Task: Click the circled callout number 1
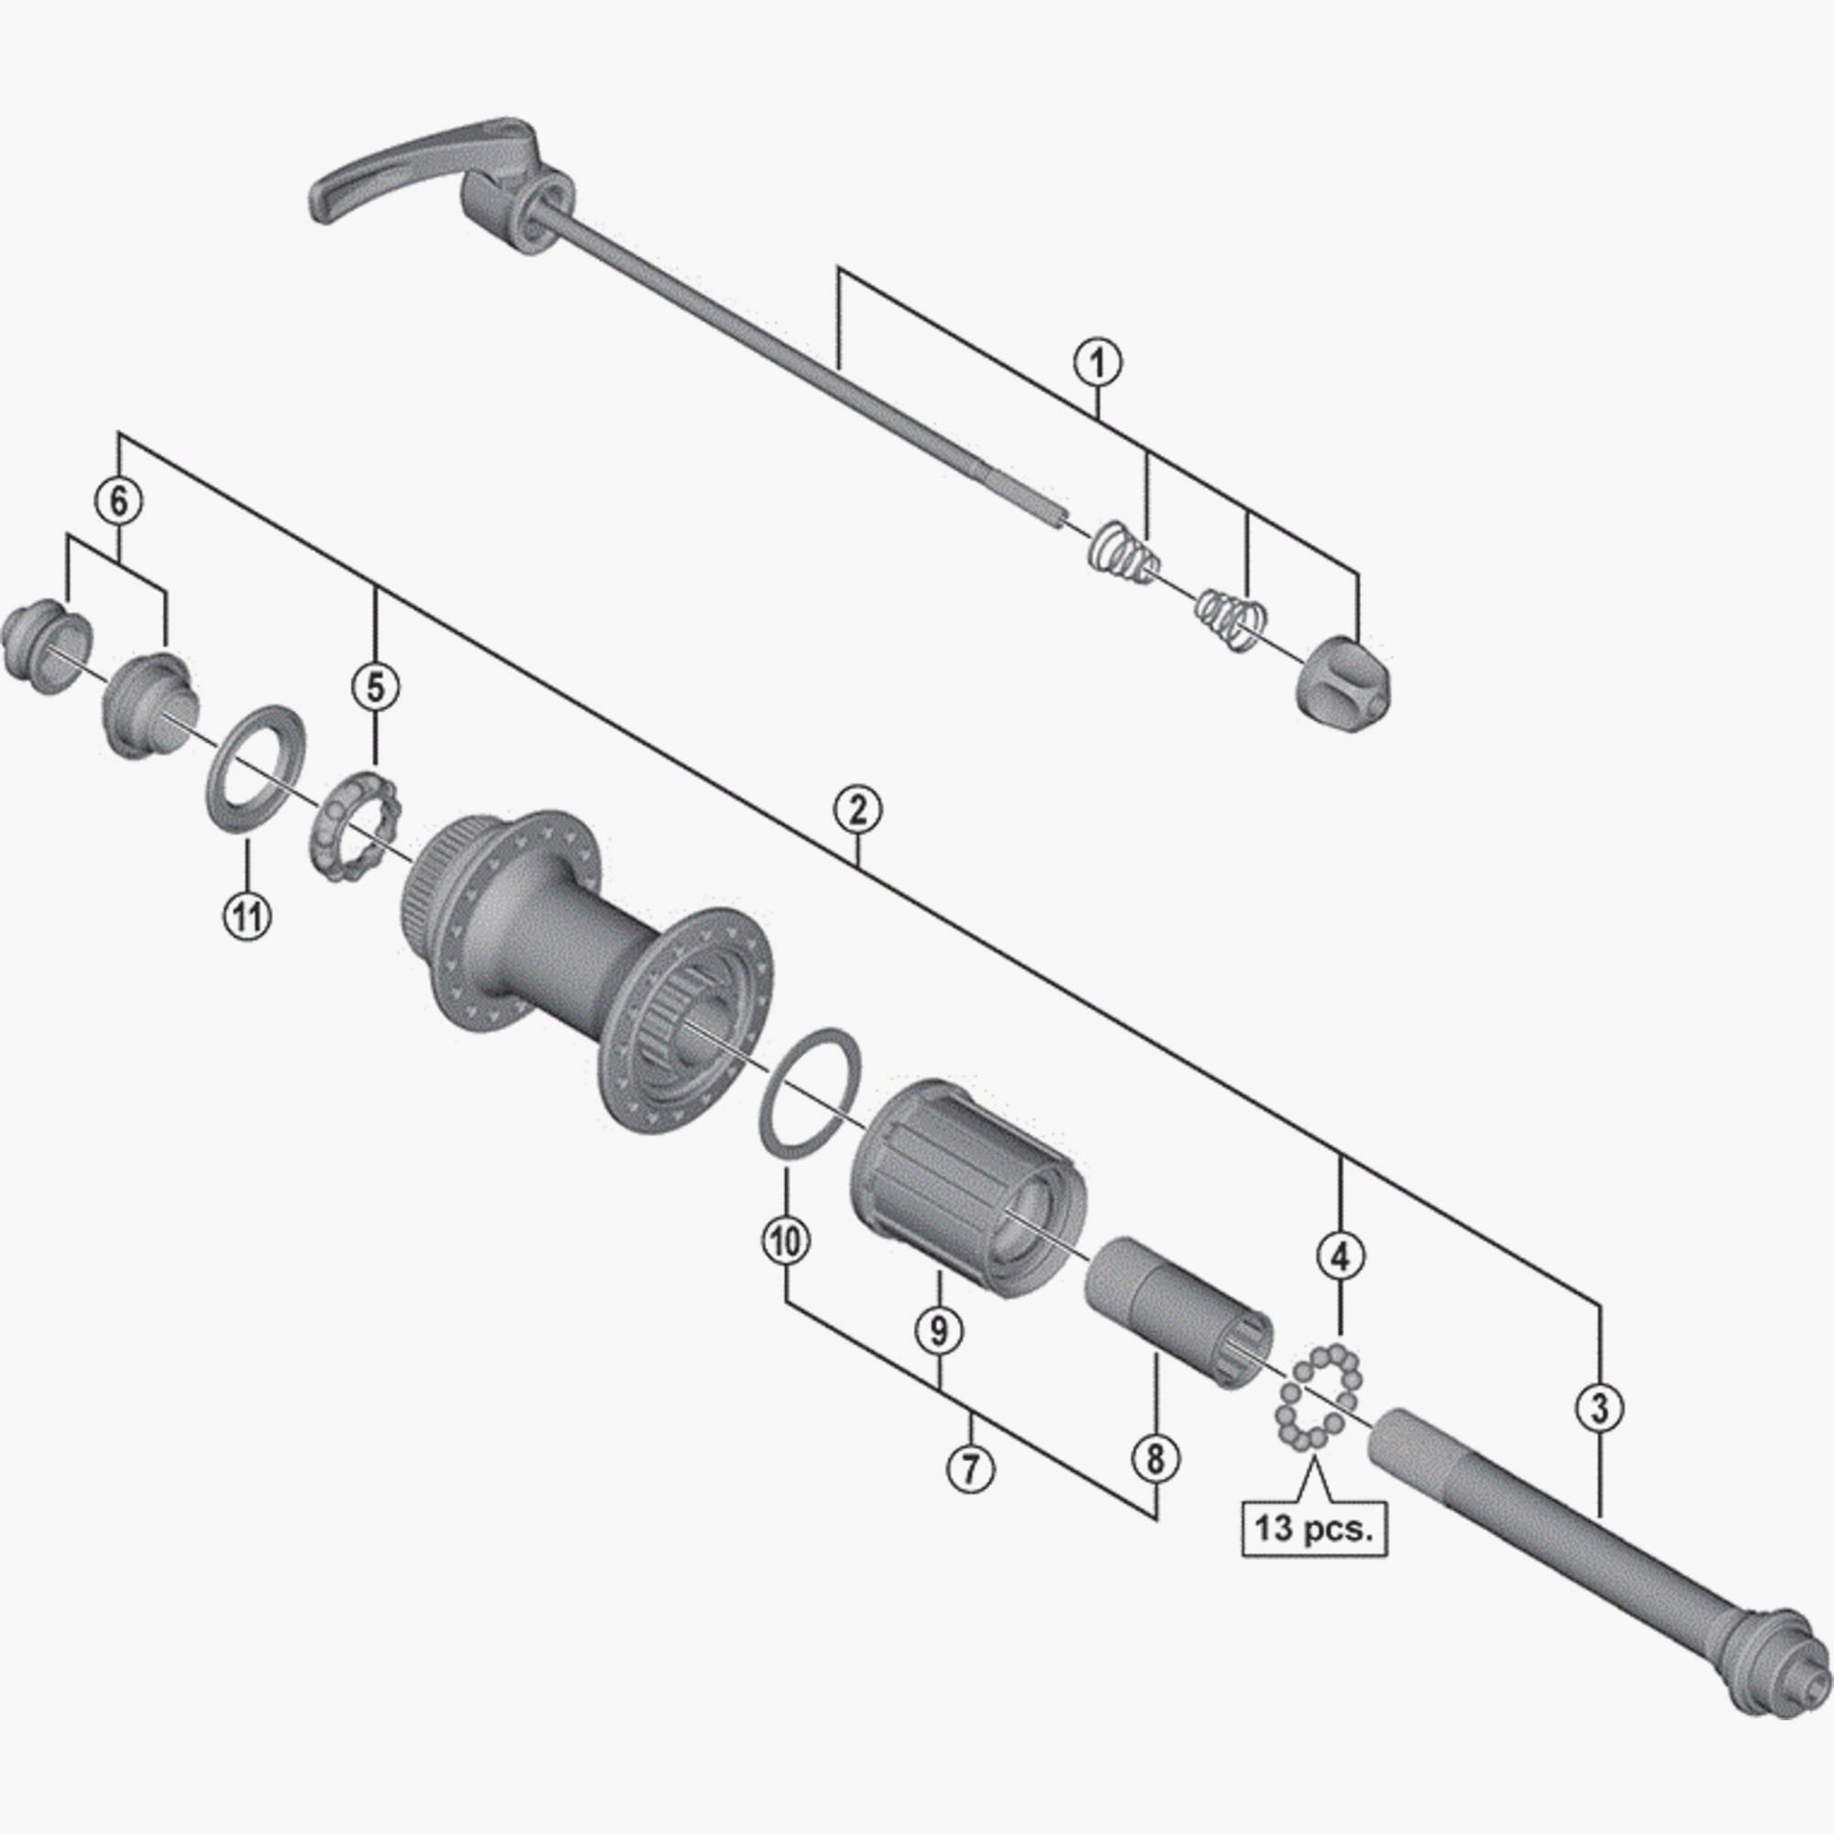coord(1098,362)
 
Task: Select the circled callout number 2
coord(857,810)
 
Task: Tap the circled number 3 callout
coord(1600,1408)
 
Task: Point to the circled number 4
coord(1340,1256)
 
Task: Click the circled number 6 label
coord(118,501)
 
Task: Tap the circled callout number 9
coord(938,1330)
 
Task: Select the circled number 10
coord(787,1241)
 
